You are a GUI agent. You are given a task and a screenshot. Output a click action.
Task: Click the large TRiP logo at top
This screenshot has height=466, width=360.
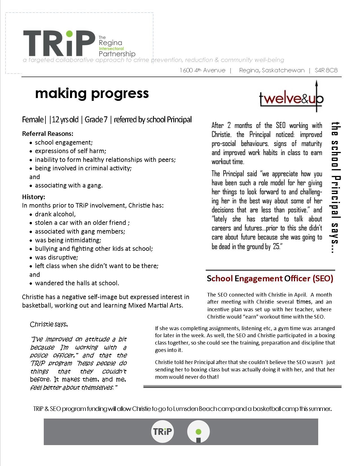click(59, 43)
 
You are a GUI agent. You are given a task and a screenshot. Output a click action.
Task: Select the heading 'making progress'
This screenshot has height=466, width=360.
click(92, 93)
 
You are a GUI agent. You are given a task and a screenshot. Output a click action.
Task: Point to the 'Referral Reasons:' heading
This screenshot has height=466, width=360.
click(47, 134)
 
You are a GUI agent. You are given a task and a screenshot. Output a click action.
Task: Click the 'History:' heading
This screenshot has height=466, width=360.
click(33, 197)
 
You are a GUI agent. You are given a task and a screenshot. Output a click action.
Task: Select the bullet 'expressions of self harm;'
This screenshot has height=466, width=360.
click(70, 151)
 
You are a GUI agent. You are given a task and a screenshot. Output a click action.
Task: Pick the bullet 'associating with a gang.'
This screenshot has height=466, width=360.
click(69, 185)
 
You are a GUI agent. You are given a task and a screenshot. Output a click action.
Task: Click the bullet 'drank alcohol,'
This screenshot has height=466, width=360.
click(55, 214)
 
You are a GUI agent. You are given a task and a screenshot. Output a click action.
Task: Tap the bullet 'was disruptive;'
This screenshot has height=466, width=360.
click(56, 257)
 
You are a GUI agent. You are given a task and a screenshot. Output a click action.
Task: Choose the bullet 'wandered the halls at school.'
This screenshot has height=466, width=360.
click(77, 283)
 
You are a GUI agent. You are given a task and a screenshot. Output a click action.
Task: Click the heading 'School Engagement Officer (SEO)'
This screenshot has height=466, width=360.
click(270, 279)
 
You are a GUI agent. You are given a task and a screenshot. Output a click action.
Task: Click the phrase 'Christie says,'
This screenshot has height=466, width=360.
click(49, 324)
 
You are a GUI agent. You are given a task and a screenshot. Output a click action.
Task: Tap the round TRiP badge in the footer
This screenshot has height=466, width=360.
click(162, 432)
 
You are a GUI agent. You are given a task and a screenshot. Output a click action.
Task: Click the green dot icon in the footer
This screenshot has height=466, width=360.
click(198, 432)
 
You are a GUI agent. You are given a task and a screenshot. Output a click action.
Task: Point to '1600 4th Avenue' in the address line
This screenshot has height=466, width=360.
click(202, 70)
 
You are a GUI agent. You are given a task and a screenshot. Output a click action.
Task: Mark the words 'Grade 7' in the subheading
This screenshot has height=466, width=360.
click(96, 119)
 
